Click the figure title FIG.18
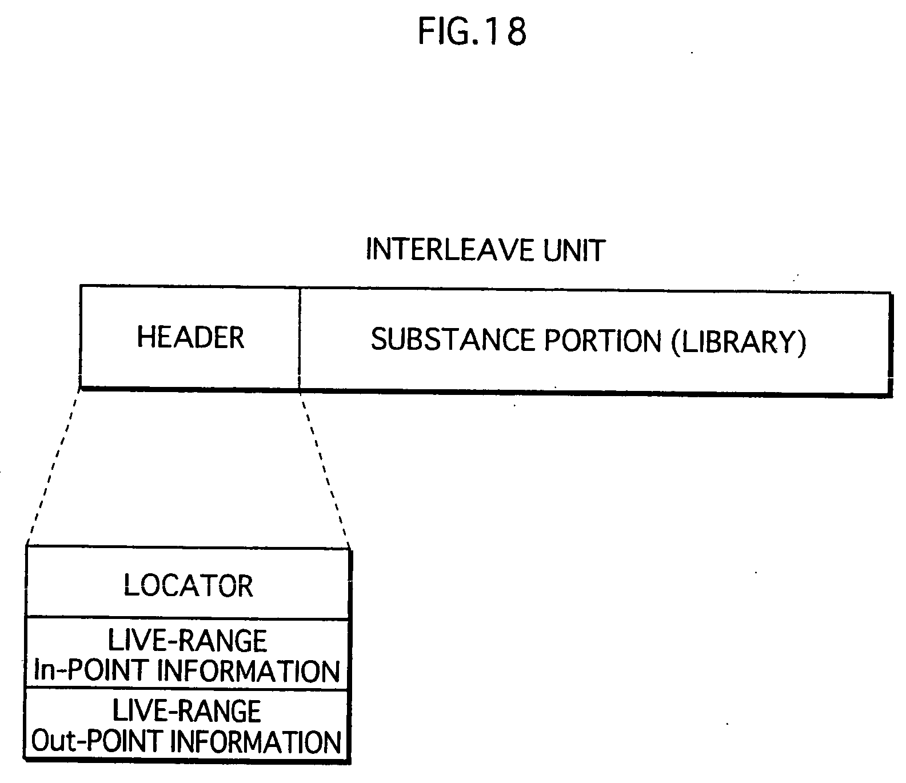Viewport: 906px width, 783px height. tap(472, 31)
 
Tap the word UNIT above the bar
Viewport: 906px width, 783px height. tap(574, 250)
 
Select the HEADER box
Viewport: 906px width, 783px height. tap(190, 337)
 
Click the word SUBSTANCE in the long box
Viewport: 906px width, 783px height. tap(453, 341)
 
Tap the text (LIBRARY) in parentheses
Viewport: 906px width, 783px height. tap(739, 342)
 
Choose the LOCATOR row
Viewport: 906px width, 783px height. tap(188, 586)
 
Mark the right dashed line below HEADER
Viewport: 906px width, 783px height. tap(324, 466)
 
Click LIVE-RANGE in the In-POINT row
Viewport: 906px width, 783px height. tap(187, 641)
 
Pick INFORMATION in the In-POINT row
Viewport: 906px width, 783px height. tap(248, 671)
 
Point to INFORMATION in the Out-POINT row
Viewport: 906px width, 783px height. tap(256, 742)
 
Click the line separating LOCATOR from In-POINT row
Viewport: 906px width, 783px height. tap(187, 618)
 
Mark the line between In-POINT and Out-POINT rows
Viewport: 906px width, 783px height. tap(187, 689)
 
